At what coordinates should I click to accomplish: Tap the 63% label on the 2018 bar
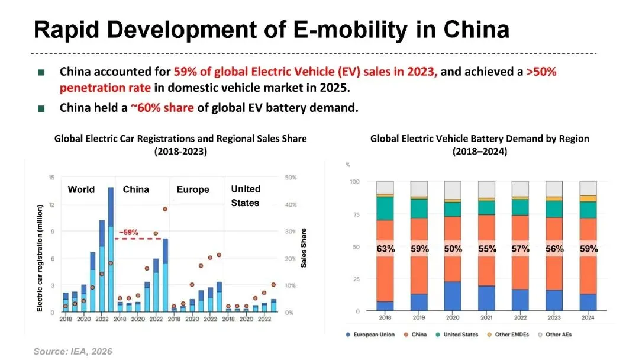[x=386, y=249]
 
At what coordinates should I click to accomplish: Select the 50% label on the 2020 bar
[x=453, y=249]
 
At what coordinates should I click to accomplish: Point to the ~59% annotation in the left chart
[x=128, y=233]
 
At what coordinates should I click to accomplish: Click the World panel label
[x=81, y=190]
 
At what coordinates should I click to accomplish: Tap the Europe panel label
[x=193, y=190]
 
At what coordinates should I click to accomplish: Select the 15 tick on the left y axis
[x=51, y=178]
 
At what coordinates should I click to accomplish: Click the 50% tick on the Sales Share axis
[x=291, y=178]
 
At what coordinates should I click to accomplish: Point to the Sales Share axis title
[x=304, y=248]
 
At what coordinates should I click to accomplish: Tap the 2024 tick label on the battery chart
[x=588, y=318]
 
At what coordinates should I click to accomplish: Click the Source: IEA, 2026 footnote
[x=73, y=352]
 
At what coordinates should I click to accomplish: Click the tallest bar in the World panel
[x=111, y=249]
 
